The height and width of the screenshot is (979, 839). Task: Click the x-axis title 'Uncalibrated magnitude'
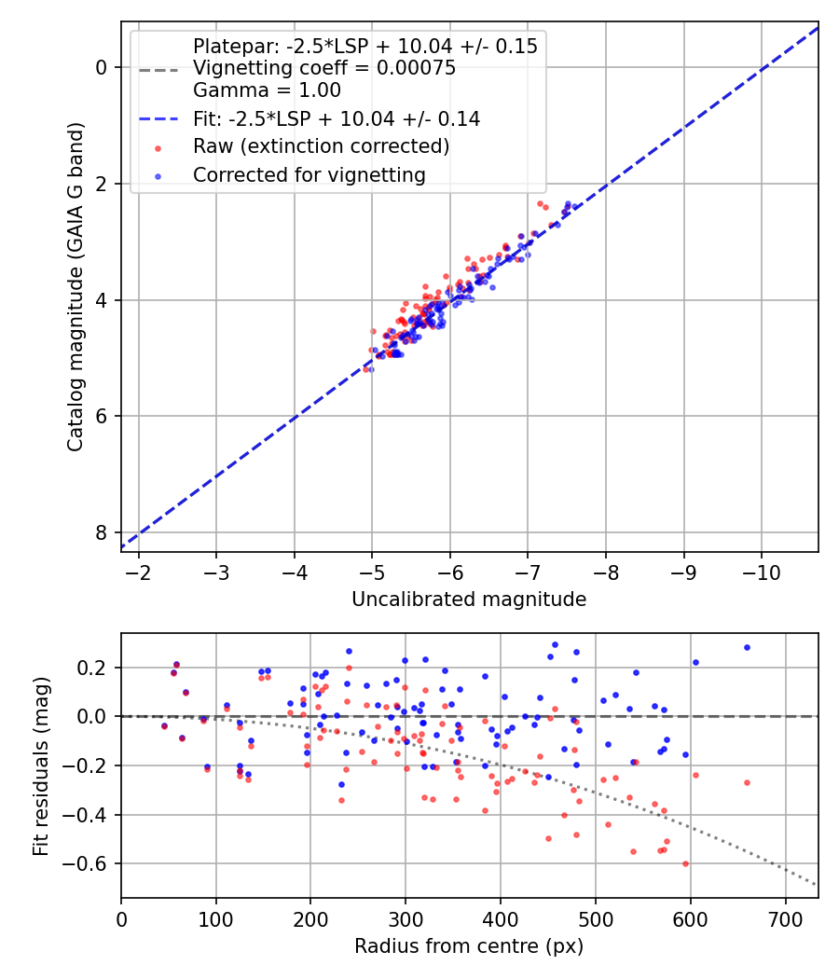point(469,600)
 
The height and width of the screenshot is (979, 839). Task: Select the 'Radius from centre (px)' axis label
point(469,946)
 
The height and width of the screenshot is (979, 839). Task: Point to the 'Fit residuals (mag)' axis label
point(39,766)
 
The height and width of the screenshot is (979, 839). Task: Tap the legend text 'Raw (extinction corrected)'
point(322,146)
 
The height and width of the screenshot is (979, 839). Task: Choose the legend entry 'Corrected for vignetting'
point(309,174)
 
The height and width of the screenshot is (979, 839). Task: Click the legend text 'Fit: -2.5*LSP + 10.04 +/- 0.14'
point(337,118)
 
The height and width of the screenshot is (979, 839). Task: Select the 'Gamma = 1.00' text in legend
point(267,90)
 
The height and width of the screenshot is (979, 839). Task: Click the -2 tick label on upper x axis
point(139,572)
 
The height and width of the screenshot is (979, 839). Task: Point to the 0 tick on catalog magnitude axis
point(103,67)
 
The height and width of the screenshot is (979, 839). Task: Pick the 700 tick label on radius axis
point(785,918)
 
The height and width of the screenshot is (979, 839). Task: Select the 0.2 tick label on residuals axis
point(95,668)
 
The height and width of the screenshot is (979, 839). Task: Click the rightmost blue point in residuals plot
point(747,647)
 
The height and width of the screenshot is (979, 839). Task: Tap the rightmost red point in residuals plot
point(747,782)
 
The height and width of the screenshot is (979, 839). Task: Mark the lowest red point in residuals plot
point(685,863)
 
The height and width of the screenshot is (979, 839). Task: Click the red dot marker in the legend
point(158,147)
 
